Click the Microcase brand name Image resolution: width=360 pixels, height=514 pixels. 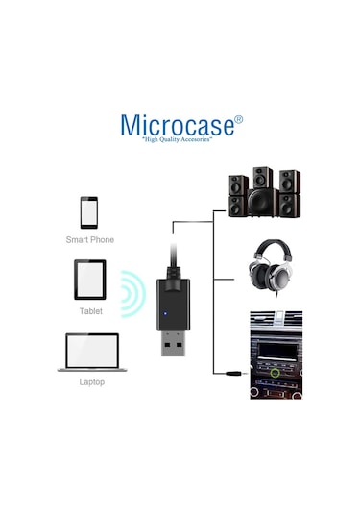176,125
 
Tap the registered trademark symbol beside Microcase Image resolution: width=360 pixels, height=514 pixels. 239,119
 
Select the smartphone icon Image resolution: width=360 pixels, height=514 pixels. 89,210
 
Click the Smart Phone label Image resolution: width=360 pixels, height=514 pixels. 89,239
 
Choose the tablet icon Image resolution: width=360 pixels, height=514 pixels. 89,281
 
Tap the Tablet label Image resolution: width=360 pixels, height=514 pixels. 89,311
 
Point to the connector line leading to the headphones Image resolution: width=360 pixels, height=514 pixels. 227,280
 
